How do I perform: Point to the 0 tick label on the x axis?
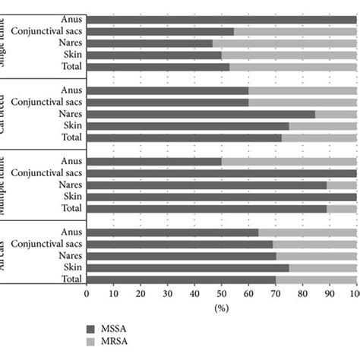tap(87, 294)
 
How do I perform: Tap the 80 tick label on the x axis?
tap(302, 294)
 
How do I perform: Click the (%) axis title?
tap(221, 309)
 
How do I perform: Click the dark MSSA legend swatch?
tap(92, 329)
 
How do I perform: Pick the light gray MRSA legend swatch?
tap(92, 343)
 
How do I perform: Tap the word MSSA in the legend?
tap(119, 329)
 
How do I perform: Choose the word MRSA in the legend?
tap(119, 343)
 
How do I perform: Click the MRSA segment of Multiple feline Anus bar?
tap(289, 161)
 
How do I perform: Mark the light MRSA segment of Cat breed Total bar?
tap(319, 137)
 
